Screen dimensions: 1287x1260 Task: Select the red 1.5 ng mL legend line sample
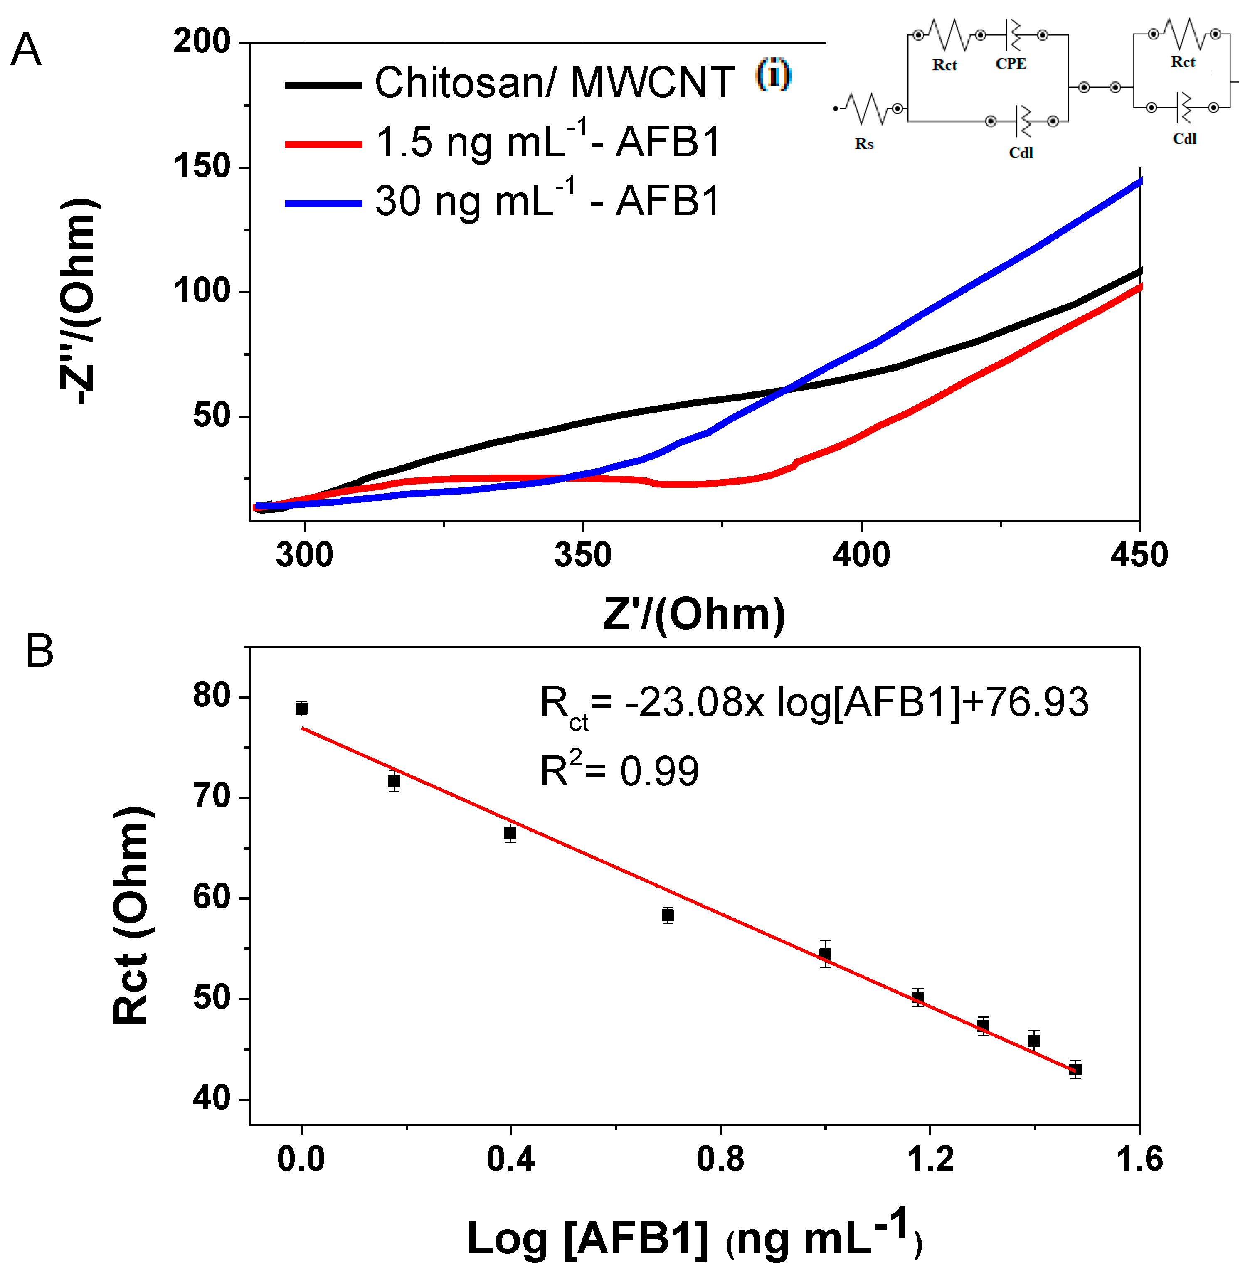tap(323, 144)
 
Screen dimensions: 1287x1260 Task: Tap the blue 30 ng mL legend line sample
tap(323, 203)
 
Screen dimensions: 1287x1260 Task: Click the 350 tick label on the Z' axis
tap(582, 554)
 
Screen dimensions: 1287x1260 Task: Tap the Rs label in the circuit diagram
tap(863, 144)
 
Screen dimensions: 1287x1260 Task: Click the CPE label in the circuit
tap(1011, 64)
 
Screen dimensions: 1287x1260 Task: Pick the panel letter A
tap(27, 49)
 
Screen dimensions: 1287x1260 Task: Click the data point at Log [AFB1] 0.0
tap(302, 709)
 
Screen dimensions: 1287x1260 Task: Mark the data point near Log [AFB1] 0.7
tap(668, 915)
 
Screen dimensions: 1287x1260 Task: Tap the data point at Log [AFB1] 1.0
tap(825, 953)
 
